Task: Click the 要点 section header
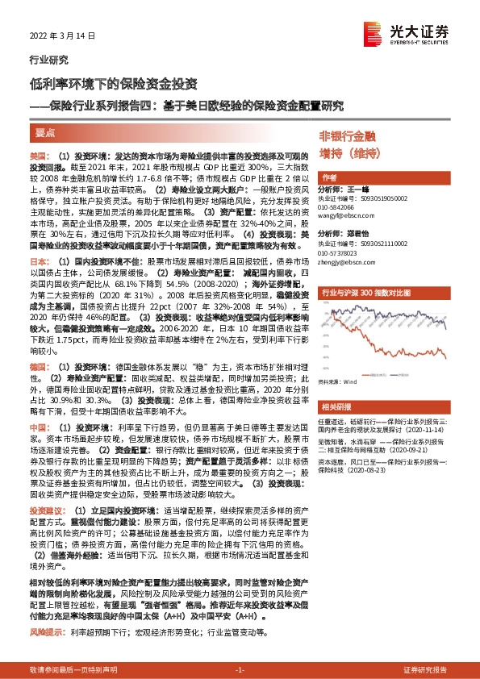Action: tap(46, 131)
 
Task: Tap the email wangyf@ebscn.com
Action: tap(348, 215)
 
